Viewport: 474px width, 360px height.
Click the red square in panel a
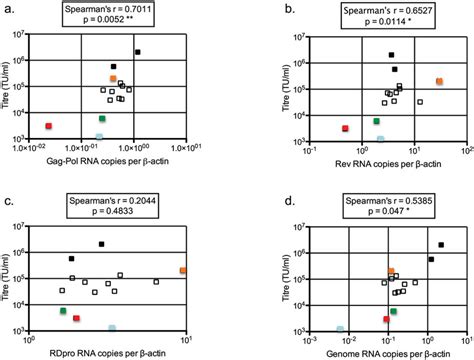pos(48,126)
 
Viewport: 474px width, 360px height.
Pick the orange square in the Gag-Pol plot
pos(113,78)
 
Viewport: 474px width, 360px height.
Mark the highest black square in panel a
pos(138,52)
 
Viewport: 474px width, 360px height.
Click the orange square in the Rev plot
pos(439,81)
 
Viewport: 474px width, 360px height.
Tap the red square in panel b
pos(345,128)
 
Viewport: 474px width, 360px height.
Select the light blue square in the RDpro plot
pos(112,327)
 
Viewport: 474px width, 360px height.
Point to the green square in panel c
pos(62,311)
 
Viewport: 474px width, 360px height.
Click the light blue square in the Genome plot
pos(340,328)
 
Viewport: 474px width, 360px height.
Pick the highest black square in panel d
pos(441,245)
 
